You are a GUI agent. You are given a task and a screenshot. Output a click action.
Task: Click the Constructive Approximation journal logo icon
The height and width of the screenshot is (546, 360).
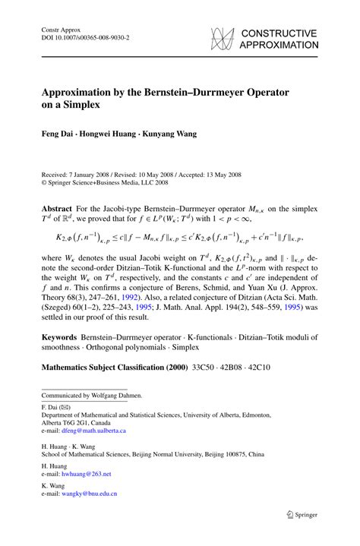tap(221, 38)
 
